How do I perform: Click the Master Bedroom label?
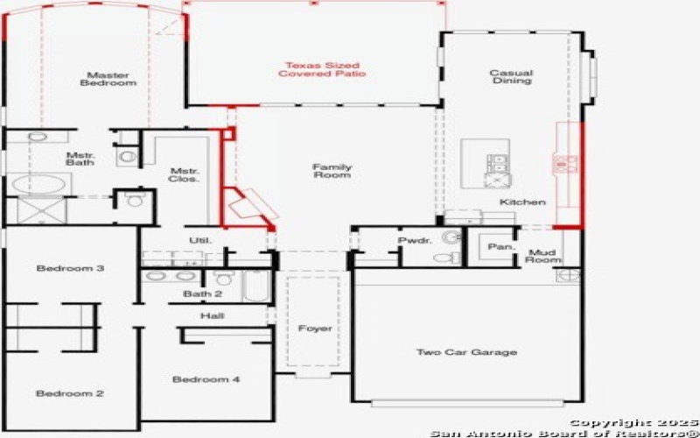point(108,79)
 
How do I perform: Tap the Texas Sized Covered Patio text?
point(322,70)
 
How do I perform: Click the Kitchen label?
point(522,202)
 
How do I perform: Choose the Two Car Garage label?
point(466,352)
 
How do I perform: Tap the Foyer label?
point(315,328)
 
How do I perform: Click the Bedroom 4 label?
point(206,379)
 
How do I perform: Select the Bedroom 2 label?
point(70,393)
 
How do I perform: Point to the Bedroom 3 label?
point(70,268)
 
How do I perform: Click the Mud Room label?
point(542,256)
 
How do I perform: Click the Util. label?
point(200,240)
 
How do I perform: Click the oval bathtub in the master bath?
point(38,184)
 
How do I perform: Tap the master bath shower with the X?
point(42,210)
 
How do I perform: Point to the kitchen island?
point(486,163)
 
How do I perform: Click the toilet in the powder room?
point(446,258)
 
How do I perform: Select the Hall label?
point(213,316)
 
